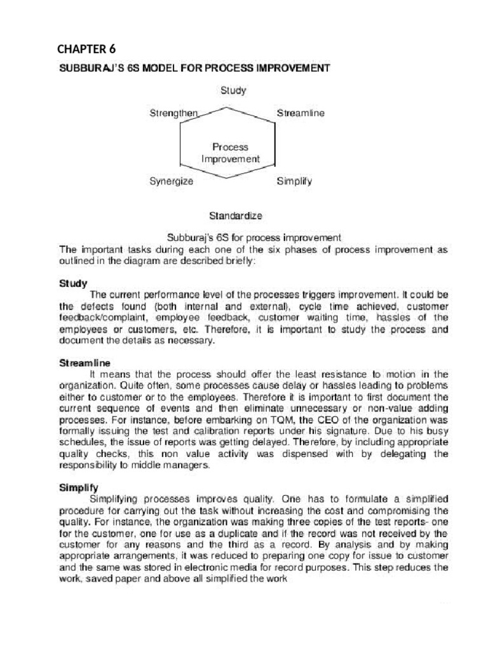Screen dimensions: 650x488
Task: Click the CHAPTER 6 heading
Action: [87, 48]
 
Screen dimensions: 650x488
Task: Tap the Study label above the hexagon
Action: [233, 90]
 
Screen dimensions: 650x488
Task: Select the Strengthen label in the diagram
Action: [174, 113]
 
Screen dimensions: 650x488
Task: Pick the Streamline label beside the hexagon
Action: [301, 113]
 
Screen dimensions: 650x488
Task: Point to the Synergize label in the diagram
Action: [171, 181]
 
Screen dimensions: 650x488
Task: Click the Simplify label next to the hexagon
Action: [294, 181]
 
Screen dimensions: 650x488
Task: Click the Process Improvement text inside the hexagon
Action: [230, 153]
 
